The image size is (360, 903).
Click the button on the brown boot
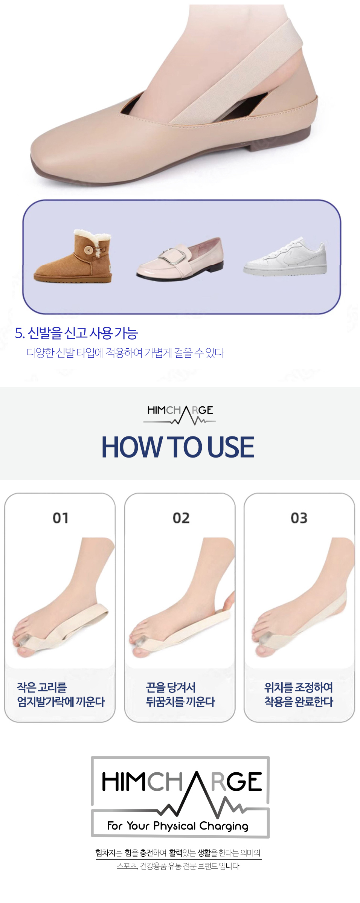pyautogui.click(x=89, y=250)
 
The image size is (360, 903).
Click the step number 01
pyautogui.click(x=60, y=518)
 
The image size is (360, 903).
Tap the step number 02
pyautogui.click(x=181, y=518)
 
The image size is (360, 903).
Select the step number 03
pyautogui.click(x=299, y=518)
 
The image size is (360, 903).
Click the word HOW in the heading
pyautogui.click(x=132, y=447)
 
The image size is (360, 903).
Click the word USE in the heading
pyautogui.click(x=230, y=447)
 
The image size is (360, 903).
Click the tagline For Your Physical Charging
pyautogui.click(x=178, y=826)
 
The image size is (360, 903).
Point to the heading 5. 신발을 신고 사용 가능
pyautogui.click(x=76, y=333)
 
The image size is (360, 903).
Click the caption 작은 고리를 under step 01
pyautogui.click(x=42, y=687)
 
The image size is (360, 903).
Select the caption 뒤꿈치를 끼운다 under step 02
pyautogui.click(x=180, y=702)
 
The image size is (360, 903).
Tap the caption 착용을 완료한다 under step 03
pyautogui.click(x=299, y=702)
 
